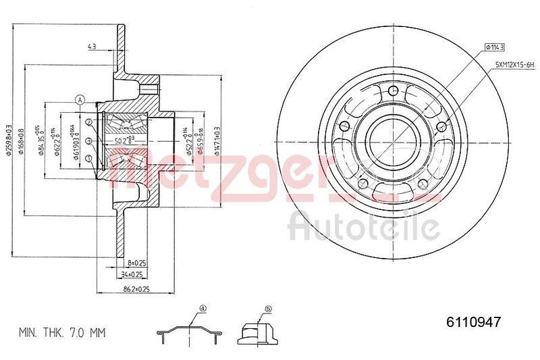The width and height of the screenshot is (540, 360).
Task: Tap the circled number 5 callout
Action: coord(267,309)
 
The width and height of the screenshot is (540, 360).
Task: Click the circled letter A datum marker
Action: coord(80,101)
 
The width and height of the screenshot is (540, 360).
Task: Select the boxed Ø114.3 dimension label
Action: coord(495,47)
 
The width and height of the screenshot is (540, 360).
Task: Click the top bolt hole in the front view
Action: coord(393,93)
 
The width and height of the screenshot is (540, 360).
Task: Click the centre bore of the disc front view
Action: coord(393,143)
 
